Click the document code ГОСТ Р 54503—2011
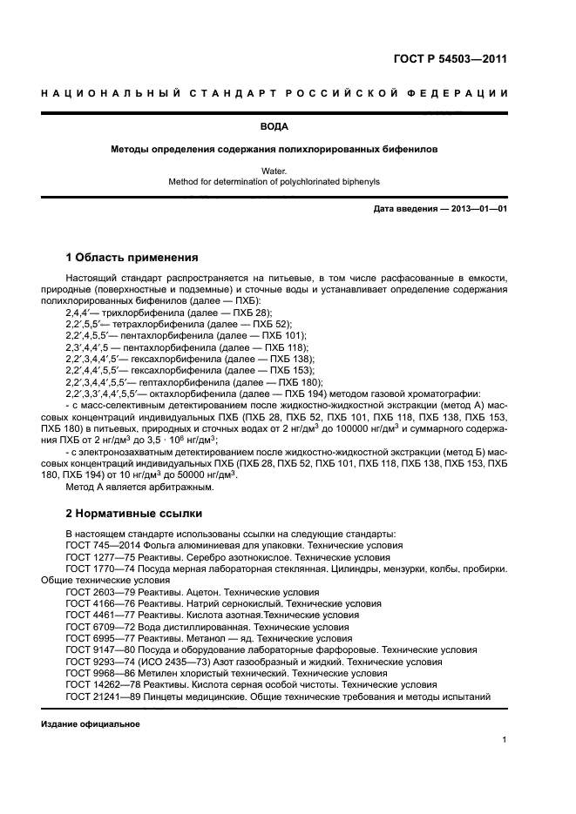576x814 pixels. (451, 59)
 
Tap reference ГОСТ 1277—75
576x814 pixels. (98, 556)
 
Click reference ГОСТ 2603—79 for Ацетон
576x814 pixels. (98, 591)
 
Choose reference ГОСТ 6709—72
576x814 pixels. (98, 627)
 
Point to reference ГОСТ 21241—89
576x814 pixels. (101, 696)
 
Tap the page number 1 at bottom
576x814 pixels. (505, 740)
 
